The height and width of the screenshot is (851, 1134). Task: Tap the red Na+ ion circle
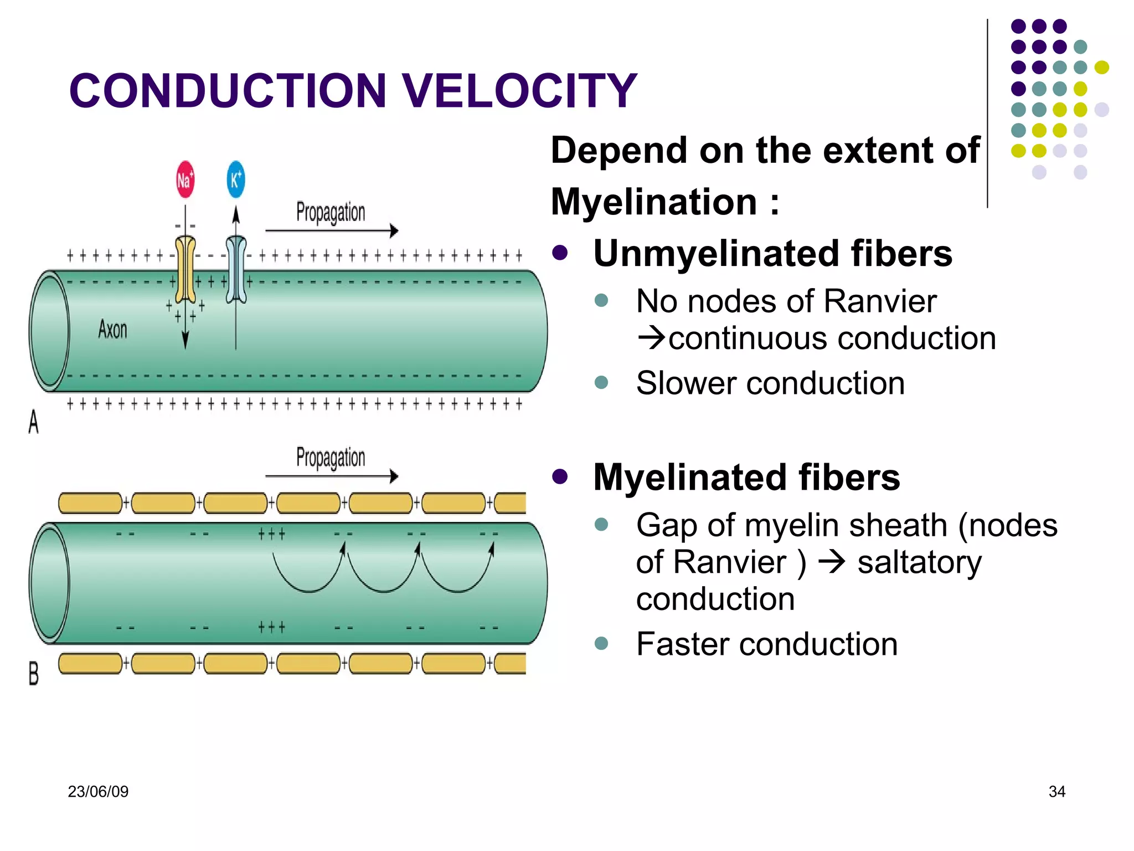click(x=185, y=180)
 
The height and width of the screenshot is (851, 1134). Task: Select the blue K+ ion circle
click(x=236, y=179)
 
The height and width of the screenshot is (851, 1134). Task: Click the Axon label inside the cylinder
click(x=112, y=329)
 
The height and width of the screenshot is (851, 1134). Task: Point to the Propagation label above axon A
click(x=331, y=213)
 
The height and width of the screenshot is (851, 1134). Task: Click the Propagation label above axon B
click(x=331, y=458)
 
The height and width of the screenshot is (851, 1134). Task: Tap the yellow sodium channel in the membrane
click(x=185, y=270)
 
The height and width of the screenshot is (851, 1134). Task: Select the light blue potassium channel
click(x=236, y=270)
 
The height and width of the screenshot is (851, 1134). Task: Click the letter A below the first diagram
click(x=34, y=422)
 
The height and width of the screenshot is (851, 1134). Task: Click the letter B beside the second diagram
click(x=34, y=674)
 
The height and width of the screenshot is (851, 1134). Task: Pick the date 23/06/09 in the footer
click(x=98, y=792)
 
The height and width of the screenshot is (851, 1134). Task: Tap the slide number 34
click(x=1056, y=792)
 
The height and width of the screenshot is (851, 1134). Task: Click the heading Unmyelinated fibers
click(x=772, y=254)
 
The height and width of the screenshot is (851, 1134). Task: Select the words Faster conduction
click(x=767, y=644)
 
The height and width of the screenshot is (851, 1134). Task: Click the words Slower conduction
click(x=770, y=383)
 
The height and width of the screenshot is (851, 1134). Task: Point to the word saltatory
click(x=919, y=563)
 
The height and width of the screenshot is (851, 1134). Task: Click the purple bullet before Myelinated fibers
click(x=560, y=476)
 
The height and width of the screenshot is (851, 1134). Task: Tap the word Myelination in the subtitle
click(x=654, y=202)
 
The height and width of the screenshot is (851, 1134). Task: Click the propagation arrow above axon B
click(x=332, y=476)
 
